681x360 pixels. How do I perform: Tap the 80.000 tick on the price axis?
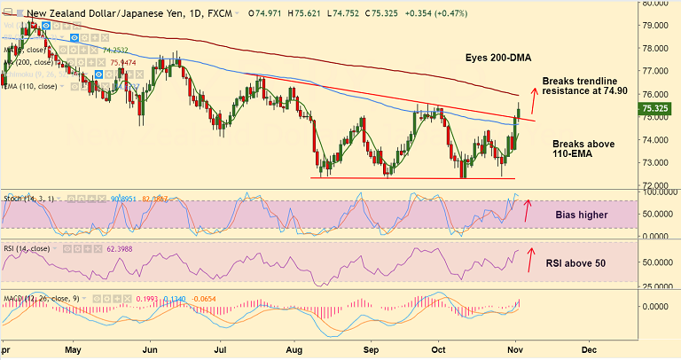coord(659,3)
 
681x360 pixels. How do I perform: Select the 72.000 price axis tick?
coord(659,185)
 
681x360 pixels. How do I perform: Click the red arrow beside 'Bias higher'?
coord(528,210)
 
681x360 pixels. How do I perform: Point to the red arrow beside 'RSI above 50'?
coord(531,258)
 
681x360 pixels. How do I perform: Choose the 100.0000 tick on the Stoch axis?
coord(659,192)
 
